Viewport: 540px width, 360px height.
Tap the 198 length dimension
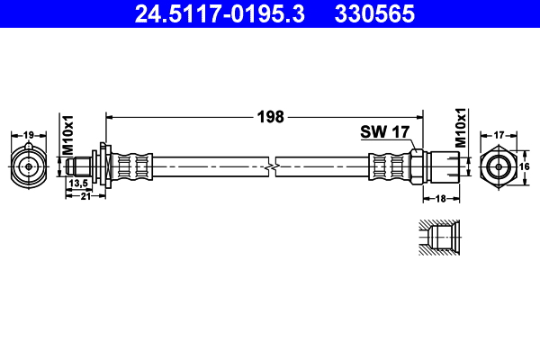click(270, 116)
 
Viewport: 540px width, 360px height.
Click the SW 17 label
click(385, 131)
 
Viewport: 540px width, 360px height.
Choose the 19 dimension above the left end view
click(29, 135)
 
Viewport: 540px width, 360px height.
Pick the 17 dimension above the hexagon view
click(498, 135)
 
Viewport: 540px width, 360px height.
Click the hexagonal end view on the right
click(498, 166)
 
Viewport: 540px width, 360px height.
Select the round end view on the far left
click(29, 166)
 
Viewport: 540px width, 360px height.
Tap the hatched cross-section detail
click(438, 238)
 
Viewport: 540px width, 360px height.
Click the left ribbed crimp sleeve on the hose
click(133, 166)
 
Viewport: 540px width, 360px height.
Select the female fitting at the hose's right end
click(443, 166)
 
